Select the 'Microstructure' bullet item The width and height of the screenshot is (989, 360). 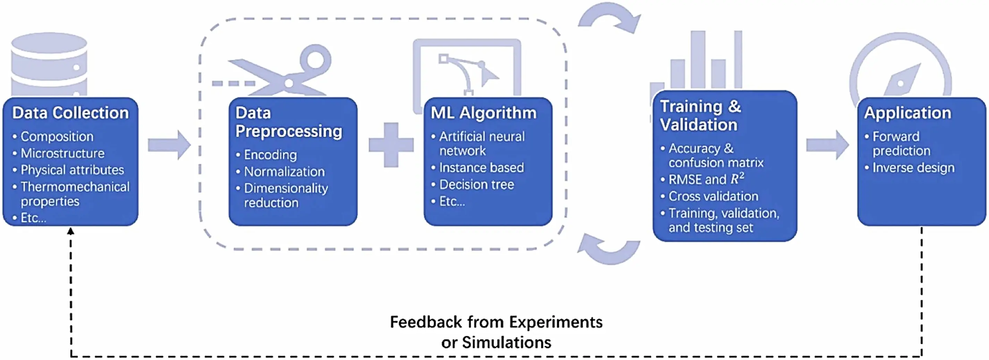click(x=62, y=153)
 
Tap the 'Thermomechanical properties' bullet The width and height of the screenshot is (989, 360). click(x=75, y=194)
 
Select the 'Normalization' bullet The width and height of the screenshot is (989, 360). click(x=284, y=171)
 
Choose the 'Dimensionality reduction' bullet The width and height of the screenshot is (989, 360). click(x=286, y=195)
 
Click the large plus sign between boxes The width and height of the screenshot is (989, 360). click(x=391, y=145)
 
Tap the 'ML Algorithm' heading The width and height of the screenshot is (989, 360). click(x=483, y=112)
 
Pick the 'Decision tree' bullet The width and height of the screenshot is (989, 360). click(x=476, y=184)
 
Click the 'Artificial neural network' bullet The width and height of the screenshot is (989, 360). click(x=481, y=143)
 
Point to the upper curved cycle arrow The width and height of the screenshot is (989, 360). click(x=610, y=19)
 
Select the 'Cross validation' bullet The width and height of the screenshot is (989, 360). click(x=713, y=196)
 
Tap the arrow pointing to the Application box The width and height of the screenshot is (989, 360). click(x=827, y=145)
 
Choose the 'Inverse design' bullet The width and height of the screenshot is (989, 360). click(x=913, y=168)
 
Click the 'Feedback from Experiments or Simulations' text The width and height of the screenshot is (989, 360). click(x=496, y=332)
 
